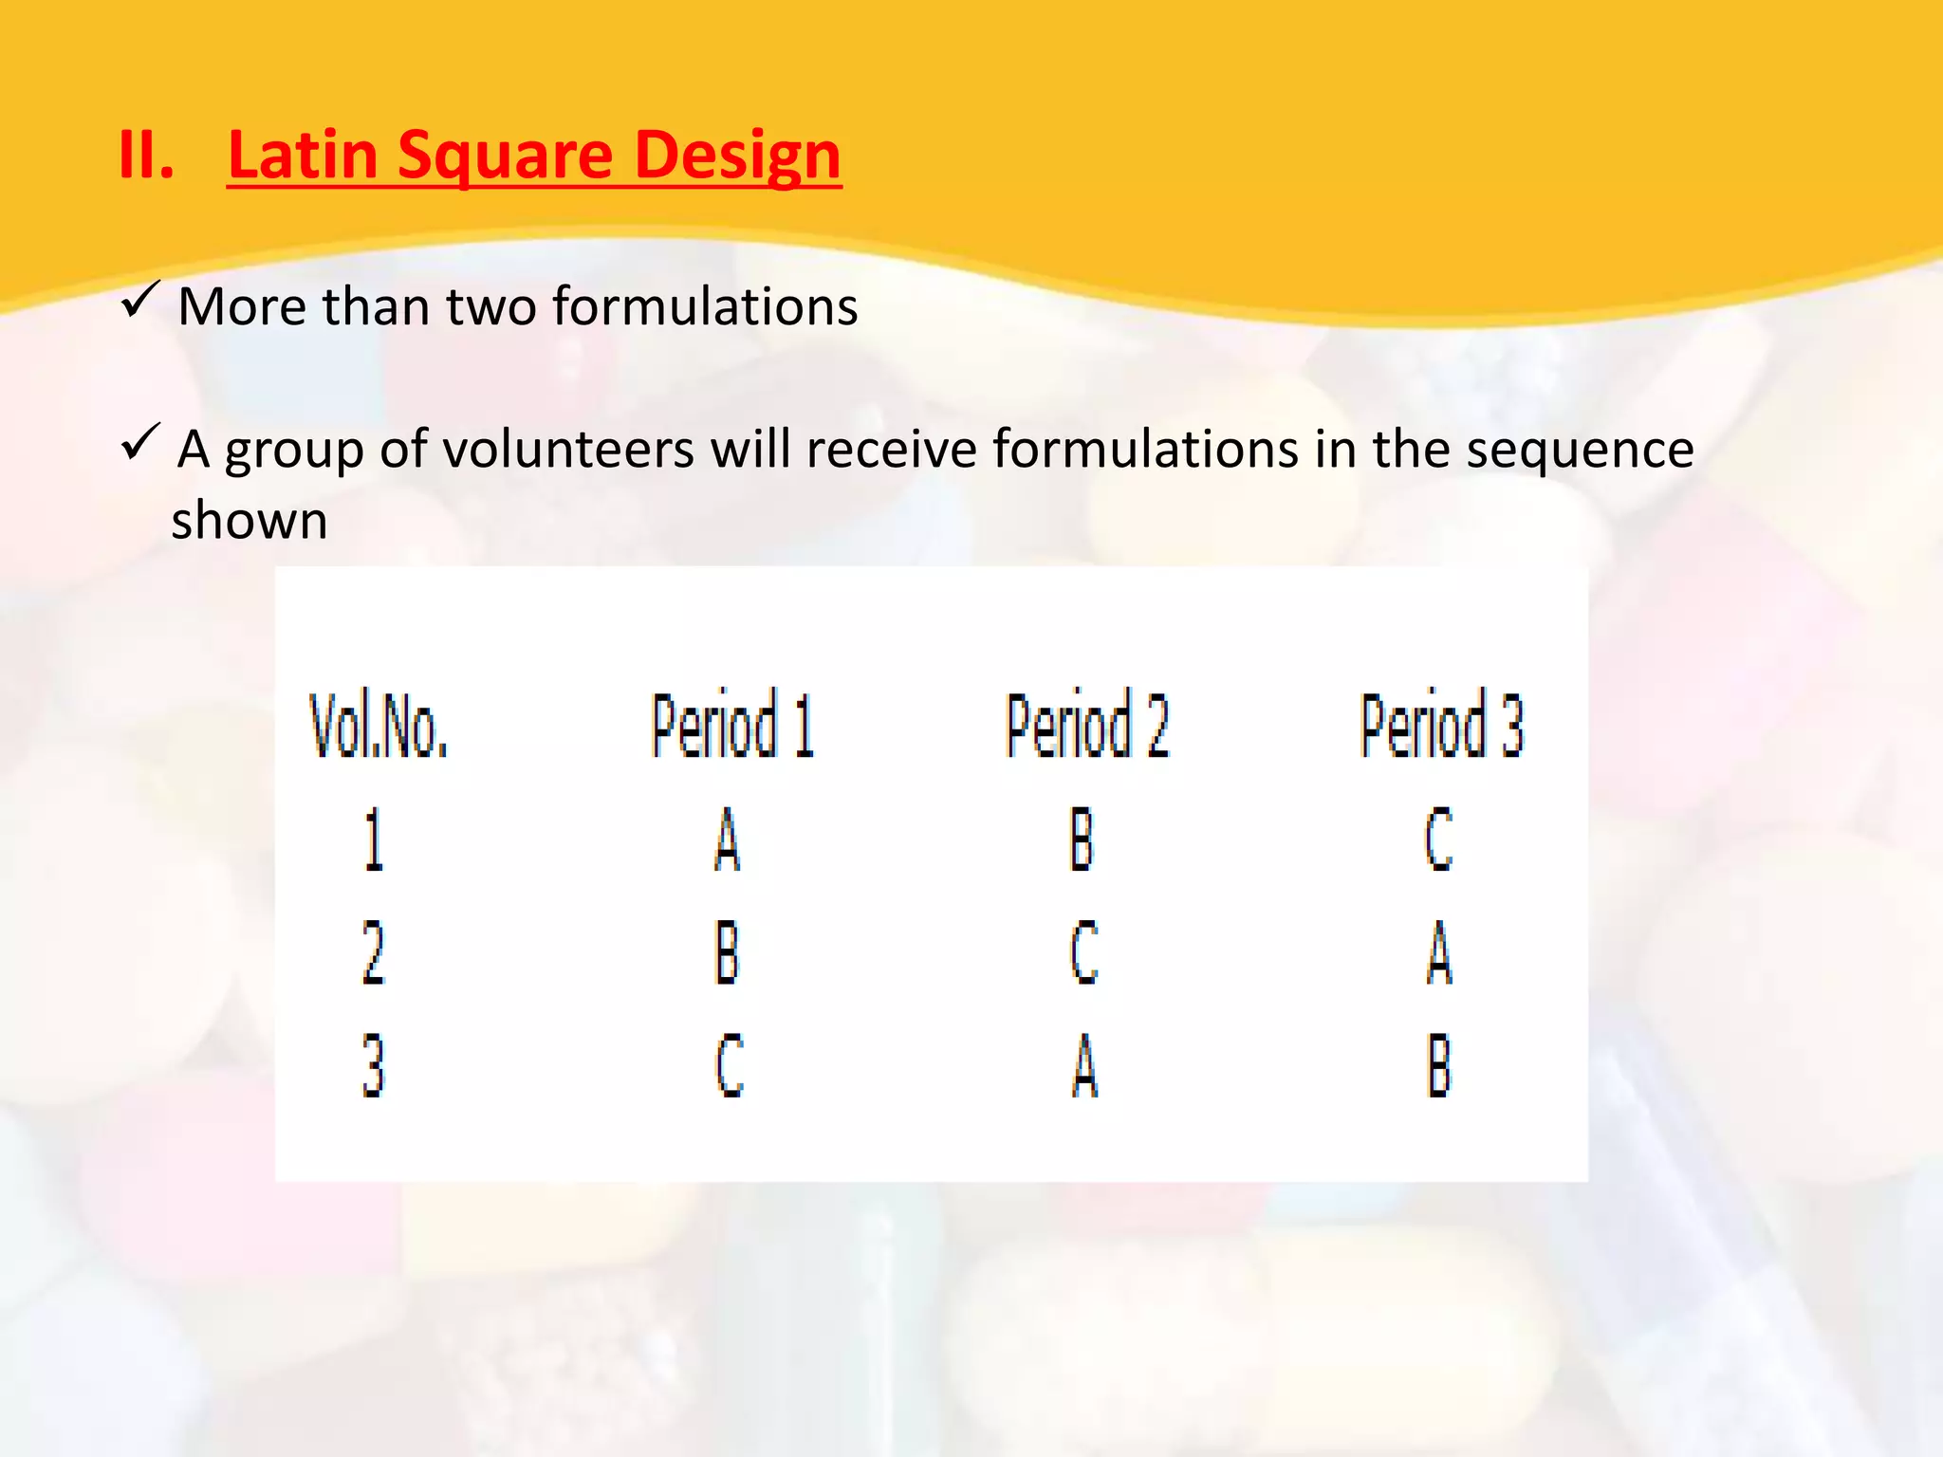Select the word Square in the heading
coord(506,157)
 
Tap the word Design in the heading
coord(737,157)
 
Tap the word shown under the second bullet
coord(250,521)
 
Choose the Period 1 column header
coord(732,726)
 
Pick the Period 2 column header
coord(1087,726)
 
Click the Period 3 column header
coord(1442,726)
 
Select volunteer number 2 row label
coord(374,952)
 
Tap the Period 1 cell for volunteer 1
coord(727,839)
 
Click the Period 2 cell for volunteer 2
coord(1083,952)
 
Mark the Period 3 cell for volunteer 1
coord(1439,839)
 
